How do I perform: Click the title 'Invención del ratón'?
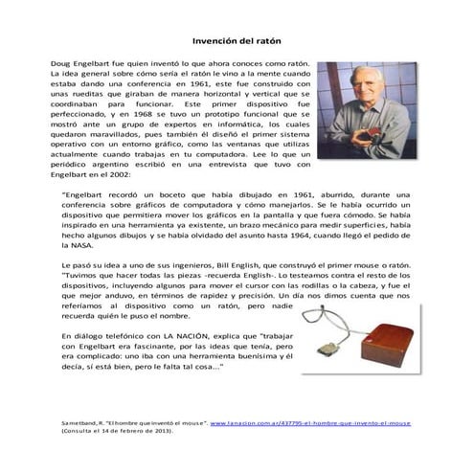pyautogui.click(x=237, y=42)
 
